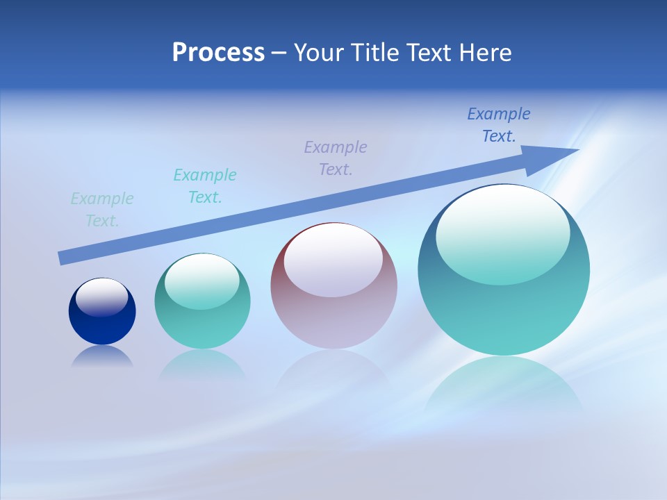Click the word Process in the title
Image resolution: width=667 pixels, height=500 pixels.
pyautogui.click(x=218, y=53)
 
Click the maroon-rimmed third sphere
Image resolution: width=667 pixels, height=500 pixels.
pyautogui.click(x=333, y=319)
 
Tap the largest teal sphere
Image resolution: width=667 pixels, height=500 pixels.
pyautogui.click(x=504, y=312)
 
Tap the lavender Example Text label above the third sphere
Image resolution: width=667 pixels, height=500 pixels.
pyautogui.click(x=336, y=158)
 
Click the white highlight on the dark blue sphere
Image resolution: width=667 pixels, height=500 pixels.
pyautogui.click(x=102, y=297)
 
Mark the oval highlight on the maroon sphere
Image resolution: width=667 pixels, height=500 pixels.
pyautogui.click(x=333, y=261)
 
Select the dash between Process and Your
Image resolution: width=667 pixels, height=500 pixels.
pyautogui.click(x=279, y=53)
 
